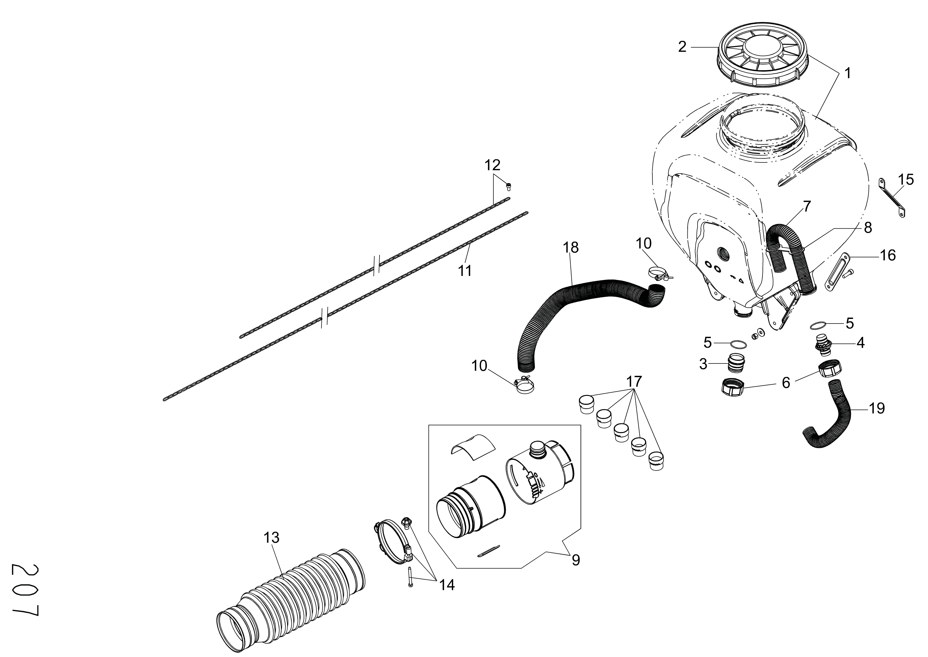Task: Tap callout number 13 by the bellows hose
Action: tap(272, 538)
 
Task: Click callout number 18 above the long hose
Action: tap(571, 247)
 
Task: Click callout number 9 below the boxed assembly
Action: tap(576, 560)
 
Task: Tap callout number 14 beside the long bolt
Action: tap(447, 585)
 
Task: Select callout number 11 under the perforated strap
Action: tap(465, 271)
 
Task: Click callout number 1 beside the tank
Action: tap(848, 74)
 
